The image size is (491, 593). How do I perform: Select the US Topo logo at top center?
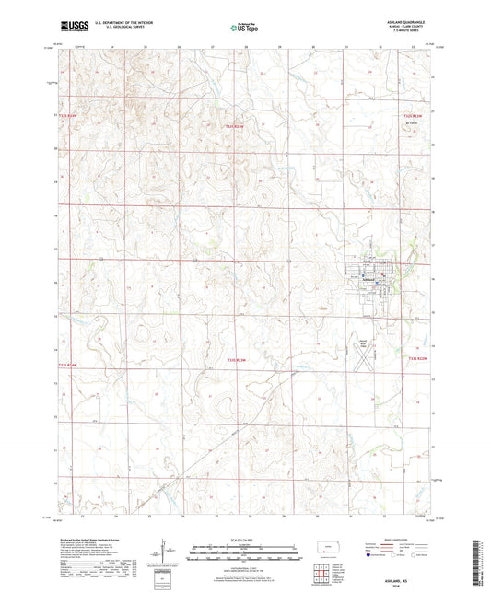point(245,29)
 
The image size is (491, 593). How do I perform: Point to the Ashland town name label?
point(372,276)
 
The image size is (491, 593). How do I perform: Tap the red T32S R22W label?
point(416,116)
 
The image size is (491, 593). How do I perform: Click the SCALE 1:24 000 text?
point(245,539)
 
